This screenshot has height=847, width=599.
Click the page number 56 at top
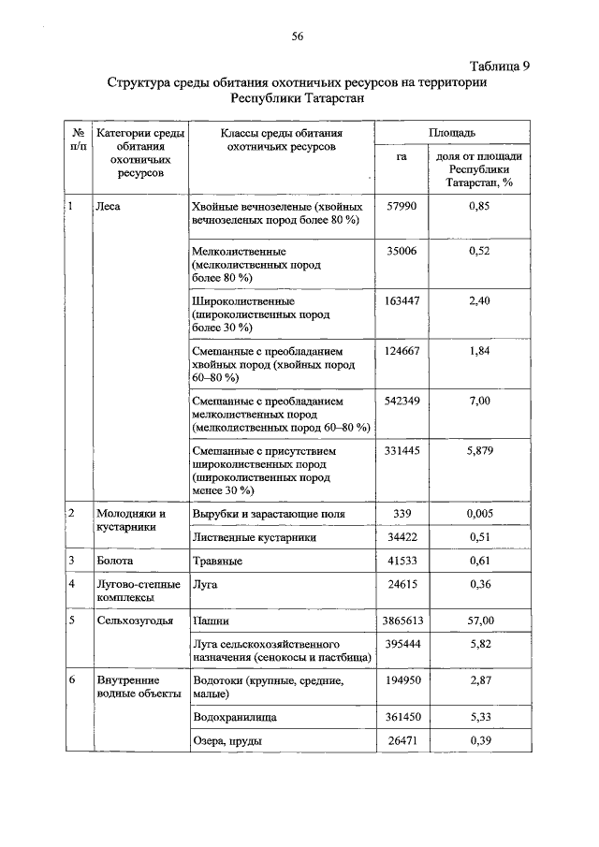pos(298,37)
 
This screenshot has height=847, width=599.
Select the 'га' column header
pos(402,156)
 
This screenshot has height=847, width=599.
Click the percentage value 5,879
pos(478,451)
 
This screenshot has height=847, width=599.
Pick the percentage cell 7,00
pos(478,401)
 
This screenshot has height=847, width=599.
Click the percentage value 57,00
pos(478,620)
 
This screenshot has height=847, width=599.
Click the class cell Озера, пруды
pos(226,741)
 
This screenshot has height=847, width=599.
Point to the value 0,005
pos(478,514)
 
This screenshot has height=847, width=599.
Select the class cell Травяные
pos(217,561)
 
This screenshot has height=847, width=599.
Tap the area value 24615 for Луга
pos(402,585)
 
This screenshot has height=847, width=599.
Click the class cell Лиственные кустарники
pos(254,537)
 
